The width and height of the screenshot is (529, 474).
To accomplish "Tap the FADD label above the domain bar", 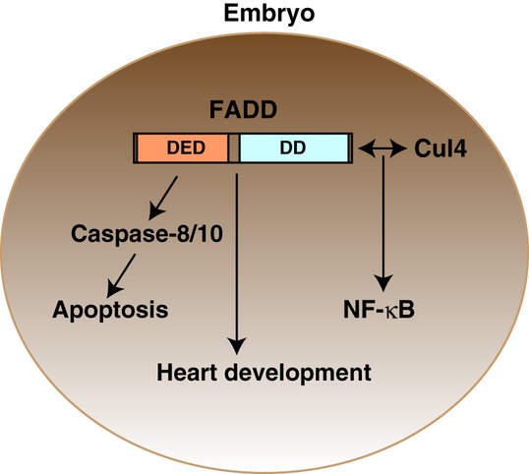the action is (x=243, y=109).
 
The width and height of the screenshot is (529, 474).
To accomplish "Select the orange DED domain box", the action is (x=183, y=148).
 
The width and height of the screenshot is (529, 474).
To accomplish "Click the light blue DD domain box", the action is (x=294, y=148).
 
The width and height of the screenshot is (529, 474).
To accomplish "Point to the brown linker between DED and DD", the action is (x=234, y=148).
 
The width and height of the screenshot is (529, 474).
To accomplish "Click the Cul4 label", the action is (x=441, y=148).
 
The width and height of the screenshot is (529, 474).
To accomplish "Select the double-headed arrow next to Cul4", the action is (x=382, y=148).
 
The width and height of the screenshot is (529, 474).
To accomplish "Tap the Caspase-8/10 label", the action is (x=147, y=233).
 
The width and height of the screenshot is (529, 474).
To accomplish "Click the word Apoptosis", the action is (x=110, y=310).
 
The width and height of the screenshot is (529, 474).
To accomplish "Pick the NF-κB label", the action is (x=379, y=310).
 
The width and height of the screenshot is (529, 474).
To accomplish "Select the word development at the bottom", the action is (x=297, y=374).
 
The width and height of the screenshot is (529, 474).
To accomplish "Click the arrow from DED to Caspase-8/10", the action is (x=163, y=198).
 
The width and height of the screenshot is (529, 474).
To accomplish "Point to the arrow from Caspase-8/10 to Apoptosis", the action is (x=121, y=276).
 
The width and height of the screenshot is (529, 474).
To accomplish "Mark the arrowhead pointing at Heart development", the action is (x=237, y=347).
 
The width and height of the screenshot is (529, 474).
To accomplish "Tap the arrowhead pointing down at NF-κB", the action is (x=383, y=283).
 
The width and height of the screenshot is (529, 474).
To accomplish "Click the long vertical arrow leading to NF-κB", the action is (x=383, y=223).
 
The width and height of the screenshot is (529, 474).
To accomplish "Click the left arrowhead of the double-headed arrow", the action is (x=365, y=148).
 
